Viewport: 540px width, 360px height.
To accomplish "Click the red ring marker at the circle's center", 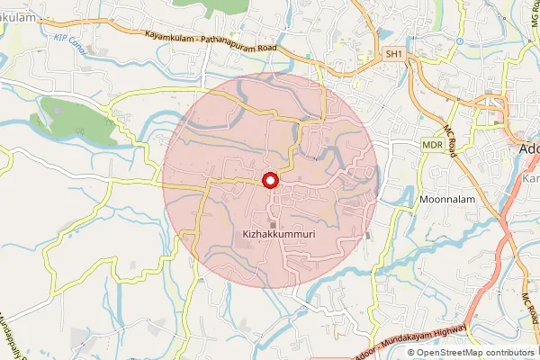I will click(x=268, y=181).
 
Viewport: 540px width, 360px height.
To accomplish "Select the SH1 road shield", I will click(x=393, y=55).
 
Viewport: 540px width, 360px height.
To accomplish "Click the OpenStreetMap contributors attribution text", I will click(x=476, y=352).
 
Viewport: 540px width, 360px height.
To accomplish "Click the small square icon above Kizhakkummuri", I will click(x=271, y=223).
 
